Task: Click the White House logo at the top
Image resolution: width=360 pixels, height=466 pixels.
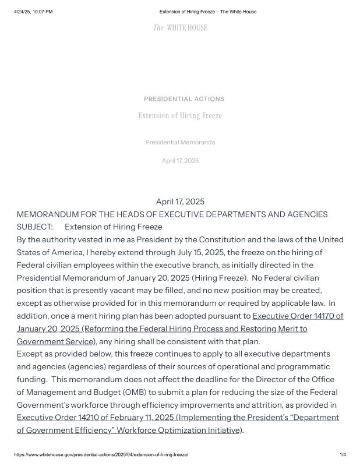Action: tap(180, 28)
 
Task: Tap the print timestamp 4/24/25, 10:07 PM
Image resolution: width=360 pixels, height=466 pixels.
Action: tap(33, 12)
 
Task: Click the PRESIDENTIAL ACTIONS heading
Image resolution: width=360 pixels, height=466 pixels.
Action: tap(183, 99)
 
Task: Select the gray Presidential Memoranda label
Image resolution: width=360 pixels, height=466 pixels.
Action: tap(180, 142)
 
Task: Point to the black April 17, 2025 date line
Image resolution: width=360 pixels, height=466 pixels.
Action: tap(180, 202)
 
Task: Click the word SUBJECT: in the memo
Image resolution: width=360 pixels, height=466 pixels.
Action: tap(35, 227)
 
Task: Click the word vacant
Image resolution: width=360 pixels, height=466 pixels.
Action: tap(118, 290)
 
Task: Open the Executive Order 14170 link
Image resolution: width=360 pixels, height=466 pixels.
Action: tap(297, 316)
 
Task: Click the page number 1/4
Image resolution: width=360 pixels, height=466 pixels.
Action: tap(343, 454)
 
